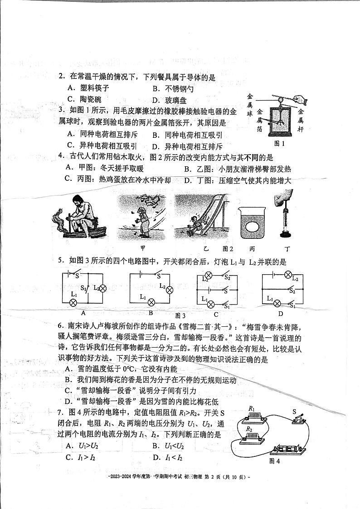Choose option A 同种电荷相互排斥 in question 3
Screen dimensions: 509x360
[x=102, y=135]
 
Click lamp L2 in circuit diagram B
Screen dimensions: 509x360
[x=170, y=290]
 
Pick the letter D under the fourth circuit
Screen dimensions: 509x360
[x=281, y=314]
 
